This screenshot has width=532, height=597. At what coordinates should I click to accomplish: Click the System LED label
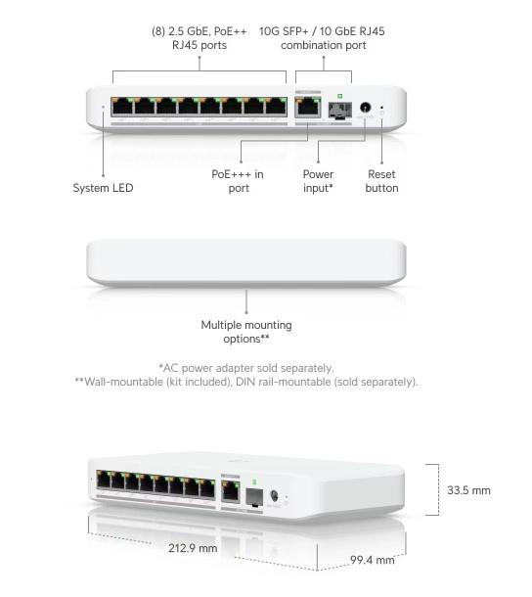[x=103, y=188]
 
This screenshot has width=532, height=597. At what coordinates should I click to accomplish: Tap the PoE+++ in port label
[x=238, y=181]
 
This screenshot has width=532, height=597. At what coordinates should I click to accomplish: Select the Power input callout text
[x=318, y=181]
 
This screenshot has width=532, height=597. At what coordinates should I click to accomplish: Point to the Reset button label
[x=381, y=181]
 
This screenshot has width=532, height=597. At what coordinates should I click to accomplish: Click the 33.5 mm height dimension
[x=468, y=490]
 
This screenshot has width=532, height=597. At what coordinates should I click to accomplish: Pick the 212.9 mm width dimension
[x=193, y=548]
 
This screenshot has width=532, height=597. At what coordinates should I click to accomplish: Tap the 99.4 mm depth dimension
[x=373, y=560]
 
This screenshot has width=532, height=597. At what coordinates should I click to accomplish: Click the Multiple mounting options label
[x=246, y=332]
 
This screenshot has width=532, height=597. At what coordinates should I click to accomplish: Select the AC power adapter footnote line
[x=246, y=368]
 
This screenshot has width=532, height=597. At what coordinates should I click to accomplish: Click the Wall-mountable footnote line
[x=246, y=382]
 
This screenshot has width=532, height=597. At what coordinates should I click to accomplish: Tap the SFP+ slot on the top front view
[x=339, y=110]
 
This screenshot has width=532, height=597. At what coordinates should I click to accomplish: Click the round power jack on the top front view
[x=366, y=107]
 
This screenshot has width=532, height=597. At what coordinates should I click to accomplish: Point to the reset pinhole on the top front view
[x=381, y=108]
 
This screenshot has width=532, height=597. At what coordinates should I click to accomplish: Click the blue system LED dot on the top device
[x=103, y=108]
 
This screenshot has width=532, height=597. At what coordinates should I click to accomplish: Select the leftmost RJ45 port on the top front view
[x=122, y=107]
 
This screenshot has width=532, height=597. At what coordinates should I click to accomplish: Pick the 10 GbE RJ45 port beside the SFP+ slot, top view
[x=307, y=107]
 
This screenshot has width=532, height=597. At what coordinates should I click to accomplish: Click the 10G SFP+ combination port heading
[x=322, y=38]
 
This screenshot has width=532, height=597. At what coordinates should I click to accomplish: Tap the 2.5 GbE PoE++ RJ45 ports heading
[x=199, y=38]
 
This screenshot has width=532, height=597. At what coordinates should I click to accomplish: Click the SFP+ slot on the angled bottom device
[x=254, y=497]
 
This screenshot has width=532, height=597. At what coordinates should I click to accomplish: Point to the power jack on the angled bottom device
[x=274, y=496]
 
